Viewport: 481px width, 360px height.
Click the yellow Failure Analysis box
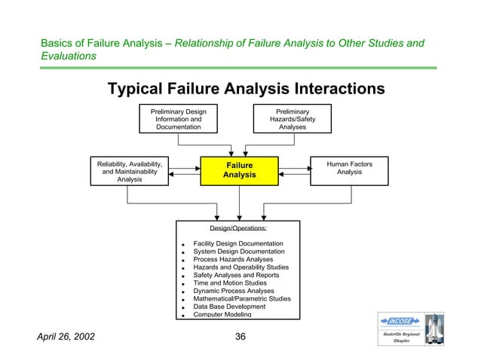tap(239, 169)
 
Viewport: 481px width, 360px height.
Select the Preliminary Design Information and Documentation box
tap(178, 119)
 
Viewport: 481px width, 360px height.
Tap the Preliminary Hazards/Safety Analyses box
tap(293, 119)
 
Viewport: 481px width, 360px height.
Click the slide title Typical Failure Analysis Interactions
tap(246, 89)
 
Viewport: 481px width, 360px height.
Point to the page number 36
tap(240, 336)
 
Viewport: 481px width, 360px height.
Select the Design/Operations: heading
tap(238, 228)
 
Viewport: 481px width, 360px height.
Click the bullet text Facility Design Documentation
tap(238, 244)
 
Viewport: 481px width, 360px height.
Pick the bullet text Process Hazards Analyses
tap(234, 260)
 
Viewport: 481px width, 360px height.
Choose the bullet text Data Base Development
tap(229, 307)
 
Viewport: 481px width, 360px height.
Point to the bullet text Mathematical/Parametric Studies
tap(241, 299)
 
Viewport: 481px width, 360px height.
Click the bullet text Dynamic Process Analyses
tap(234, 291)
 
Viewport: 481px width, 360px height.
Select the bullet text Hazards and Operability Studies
tap(240, 267)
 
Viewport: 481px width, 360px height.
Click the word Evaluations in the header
tap(68, 56)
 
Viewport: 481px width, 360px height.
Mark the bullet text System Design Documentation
tap(237, 252)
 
